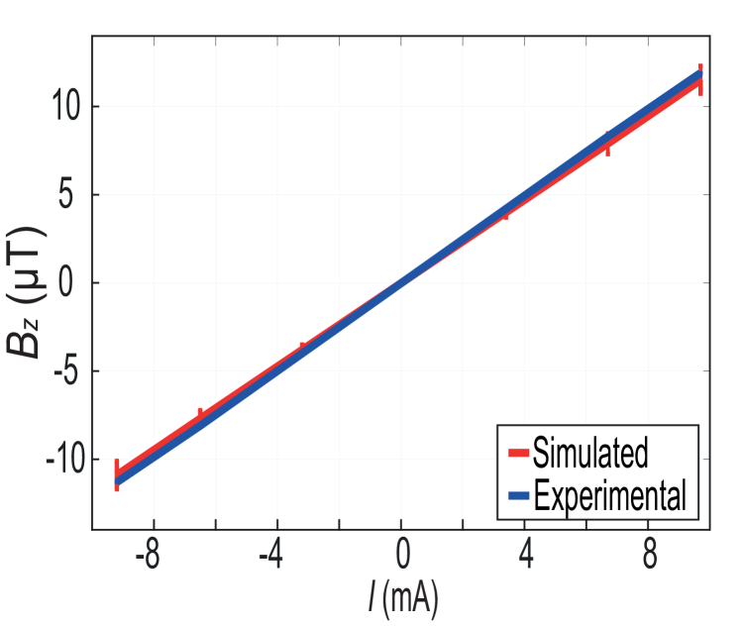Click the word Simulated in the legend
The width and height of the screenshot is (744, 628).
pyautogui.click(x=590, y=453)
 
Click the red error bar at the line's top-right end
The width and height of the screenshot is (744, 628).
pyautogui.click(x=700, y=79)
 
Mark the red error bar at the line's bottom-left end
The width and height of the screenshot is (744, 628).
pyautogui.click(x=117, y=475)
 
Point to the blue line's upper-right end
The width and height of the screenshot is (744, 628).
pyautogui.click(x=699, y=73)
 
